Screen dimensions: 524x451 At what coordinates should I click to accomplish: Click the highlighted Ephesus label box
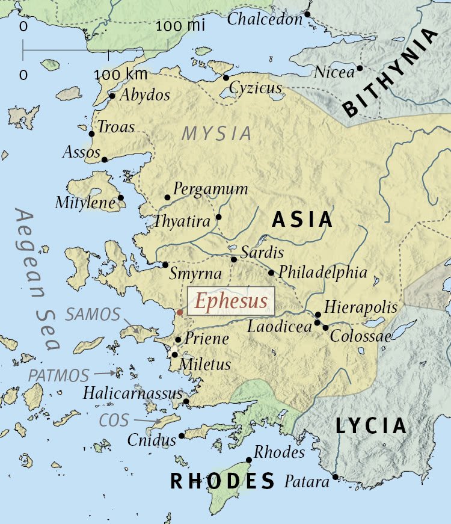click(x=232, y=301)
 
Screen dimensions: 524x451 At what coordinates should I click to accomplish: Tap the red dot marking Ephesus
click(x=180, y=312)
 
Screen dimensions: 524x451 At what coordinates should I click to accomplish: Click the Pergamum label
click(x=210, y=189)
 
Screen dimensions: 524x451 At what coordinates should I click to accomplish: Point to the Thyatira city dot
click(x=218, y=217)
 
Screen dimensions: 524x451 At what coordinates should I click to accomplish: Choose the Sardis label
click(x=262, y=252)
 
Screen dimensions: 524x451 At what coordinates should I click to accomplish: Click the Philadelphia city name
click(x=322, y=272)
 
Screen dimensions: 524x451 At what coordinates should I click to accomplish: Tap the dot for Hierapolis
click(x=318, y=314)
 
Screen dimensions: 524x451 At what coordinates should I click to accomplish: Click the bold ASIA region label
click(x=302, y=220)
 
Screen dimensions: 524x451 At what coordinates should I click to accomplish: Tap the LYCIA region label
click(x=370, y=426)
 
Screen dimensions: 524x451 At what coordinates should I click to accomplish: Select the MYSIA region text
click(x=217, y=134)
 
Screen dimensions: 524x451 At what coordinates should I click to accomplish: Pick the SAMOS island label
click(x=93, y=313)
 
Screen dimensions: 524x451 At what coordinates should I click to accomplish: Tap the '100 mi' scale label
click(x=180, y=26)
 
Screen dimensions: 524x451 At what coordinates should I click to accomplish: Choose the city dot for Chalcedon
click(x=307, y=14)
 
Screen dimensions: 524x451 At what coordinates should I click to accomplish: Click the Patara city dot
click(x=335, y=478)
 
